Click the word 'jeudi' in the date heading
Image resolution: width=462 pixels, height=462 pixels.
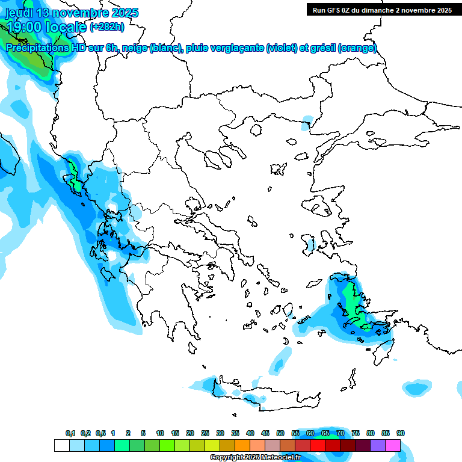pos(21,13)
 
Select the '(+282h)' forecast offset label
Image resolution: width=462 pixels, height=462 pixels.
pos(108,27)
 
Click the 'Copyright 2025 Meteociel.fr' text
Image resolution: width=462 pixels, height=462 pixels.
pos(254,458)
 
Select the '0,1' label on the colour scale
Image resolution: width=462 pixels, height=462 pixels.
pos(70,433)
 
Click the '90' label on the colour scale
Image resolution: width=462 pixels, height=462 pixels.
pos(401,433)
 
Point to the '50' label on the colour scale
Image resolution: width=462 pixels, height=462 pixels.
pos(280,433)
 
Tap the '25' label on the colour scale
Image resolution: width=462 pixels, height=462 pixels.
pos(205,433)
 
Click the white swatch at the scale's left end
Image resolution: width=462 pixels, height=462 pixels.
pos(61,445)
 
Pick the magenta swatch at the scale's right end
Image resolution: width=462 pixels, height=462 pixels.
pos(393,445)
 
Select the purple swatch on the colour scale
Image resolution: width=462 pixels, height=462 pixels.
pos(378,445)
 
